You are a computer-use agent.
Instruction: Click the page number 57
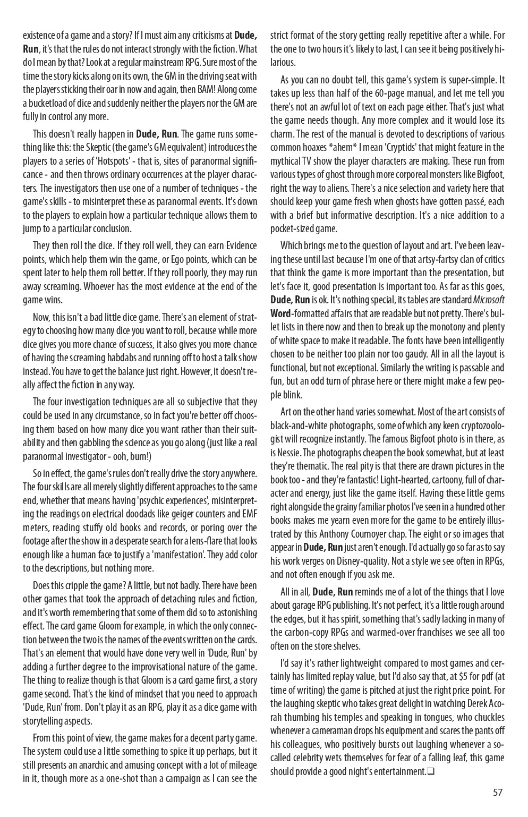click(497, 793)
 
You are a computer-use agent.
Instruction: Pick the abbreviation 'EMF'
click(248, 514)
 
